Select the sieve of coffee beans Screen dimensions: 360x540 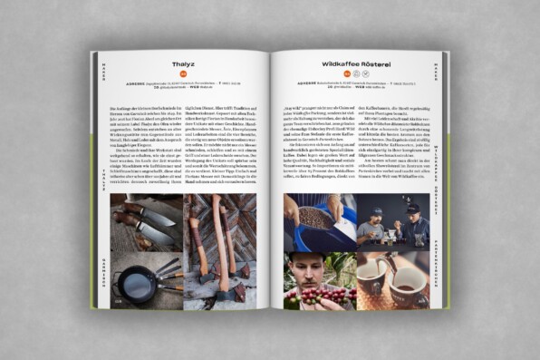click(315, 217)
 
